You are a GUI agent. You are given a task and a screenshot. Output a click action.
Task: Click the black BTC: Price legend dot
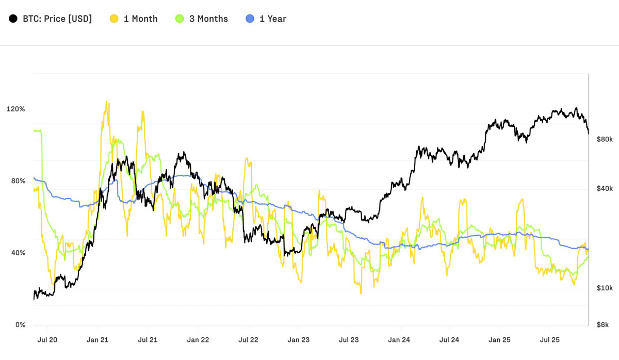point(13,19)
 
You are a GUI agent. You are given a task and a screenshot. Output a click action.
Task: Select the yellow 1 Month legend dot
point(114,19)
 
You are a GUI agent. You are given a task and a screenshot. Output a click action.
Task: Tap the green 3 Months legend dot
point(180,19)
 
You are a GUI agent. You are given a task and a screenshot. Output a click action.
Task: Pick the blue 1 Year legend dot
point(250,19)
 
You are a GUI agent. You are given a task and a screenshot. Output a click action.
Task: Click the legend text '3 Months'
point(208,19)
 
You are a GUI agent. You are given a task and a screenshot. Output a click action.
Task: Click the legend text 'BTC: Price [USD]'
point(57,19)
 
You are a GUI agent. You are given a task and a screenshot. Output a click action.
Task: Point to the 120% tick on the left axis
point(16,109)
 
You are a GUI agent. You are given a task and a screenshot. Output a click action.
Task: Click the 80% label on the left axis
point(18,181)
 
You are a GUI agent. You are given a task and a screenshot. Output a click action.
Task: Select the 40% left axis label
point(18,253)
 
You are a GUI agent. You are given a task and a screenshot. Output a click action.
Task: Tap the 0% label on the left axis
point(21,324)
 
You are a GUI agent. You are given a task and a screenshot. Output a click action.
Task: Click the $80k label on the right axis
point(605,139)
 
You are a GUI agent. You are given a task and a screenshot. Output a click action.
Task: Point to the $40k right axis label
point(605,188)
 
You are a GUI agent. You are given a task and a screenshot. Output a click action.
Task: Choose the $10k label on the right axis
point(605,288)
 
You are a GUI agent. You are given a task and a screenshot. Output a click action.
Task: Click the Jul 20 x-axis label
point(47,340)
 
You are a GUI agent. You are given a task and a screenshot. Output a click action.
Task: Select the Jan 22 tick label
point(198,340)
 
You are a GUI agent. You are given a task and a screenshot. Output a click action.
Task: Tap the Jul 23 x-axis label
point(349,340)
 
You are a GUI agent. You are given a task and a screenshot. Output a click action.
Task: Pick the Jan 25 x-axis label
point(499,340)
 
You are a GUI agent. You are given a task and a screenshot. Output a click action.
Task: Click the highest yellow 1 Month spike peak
point(106,102)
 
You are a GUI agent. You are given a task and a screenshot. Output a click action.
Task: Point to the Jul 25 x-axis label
point(550,340)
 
